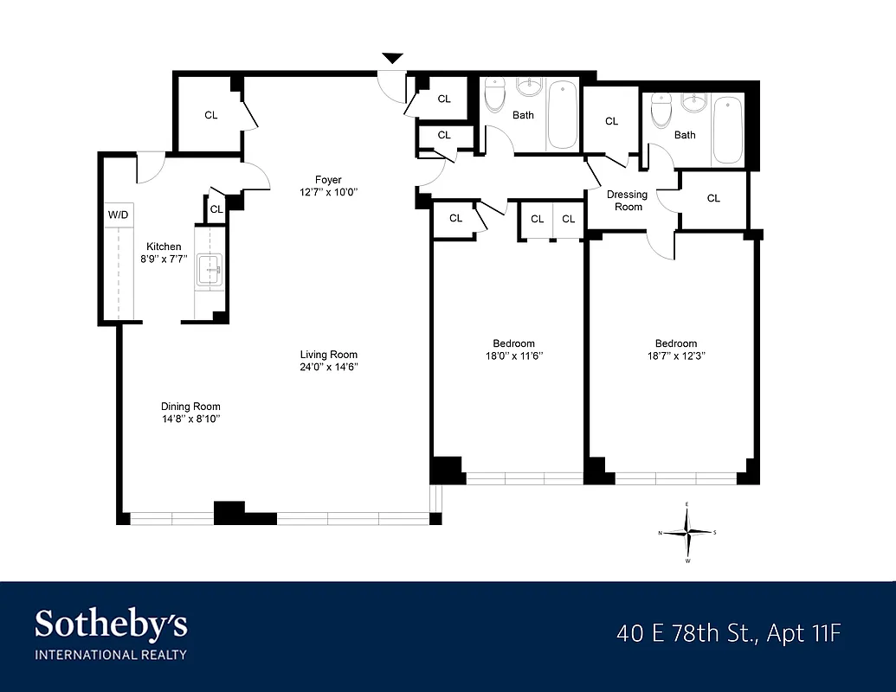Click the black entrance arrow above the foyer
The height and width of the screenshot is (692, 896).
[393, 58]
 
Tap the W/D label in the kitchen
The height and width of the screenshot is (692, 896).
[117, 214]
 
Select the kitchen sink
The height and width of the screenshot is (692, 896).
[209, 270]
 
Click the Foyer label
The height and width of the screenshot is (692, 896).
[328, 180]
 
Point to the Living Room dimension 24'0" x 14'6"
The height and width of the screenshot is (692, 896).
[329, 367]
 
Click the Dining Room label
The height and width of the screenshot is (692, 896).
[190, 407]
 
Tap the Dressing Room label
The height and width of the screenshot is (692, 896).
[628, 201]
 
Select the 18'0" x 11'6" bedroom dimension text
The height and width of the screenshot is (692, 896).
[513, 356]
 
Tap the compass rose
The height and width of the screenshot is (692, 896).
[687, 533]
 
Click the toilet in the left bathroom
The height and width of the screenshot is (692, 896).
[494, 97]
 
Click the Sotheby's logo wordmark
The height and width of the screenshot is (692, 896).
[111, 624]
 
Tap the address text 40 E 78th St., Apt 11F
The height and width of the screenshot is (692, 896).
[728, 633]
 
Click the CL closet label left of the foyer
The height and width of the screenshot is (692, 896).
[211, 115]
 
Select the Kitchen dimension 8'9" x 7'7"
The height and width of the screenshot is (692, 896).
[163, 259]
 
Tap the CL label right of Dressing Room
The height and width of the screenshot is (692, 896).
[713, 199]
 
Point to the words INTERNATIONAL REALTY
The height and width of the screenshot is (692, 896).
[111, 655]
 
